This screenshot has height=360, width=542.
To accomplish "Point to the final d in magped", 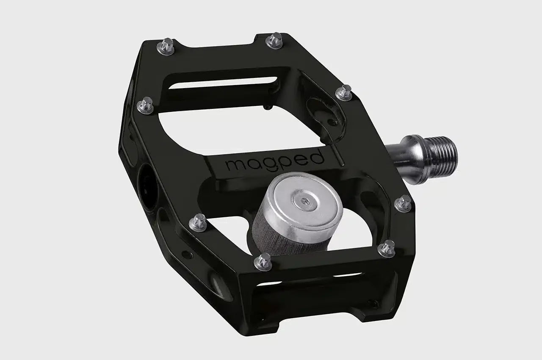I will [x=318, y=157].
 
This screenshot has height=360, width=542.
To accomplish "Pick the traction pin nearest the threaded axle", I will [x=403, y=204].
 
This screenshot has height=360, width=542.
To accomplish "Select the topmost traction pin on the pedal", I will [x=274, y=41].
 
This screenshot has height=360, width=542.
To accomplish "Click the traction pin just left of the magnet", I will [x=198, y=222].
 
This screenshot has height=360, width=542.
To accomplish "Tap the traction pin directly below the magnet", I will [x=263, y=261].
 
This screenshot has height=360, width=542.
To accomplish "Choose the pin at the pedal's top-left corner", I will [x=166, y=47].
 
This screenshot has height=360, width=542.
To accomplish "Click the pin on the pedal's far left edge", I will [x=146, y=105].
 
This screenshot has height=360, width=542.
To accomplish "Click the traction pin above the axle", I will [x=344, y=92].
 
